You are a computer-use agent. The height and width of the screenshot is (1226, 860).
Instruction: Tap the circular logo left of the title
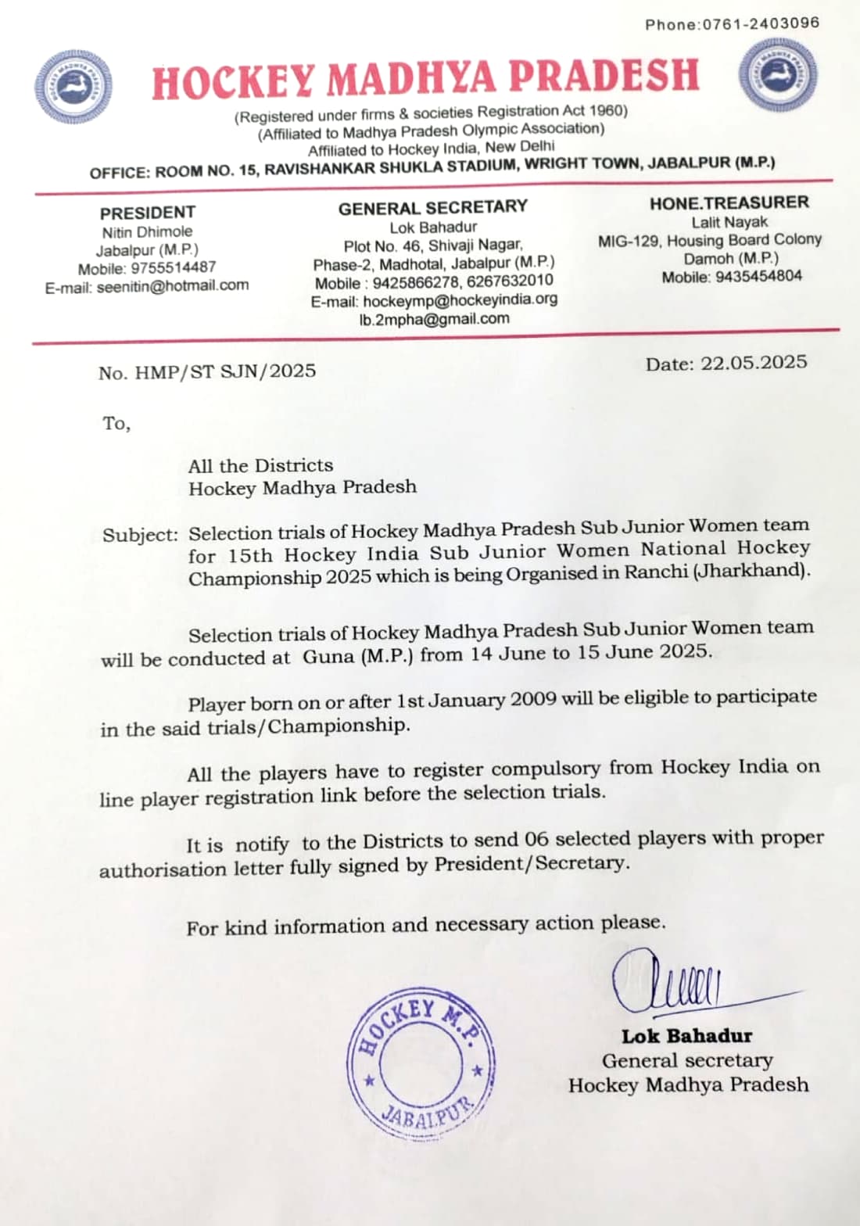point(73,86)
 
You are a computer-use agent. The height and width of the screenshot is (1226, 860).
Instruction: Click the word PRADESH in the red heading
point(604,77)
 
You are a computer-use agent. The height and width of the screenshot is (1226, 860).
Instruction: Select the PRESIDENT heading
point(147,213)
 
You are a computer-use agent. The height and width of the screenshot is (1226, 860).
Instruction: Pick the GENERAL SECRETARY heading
point(432,208)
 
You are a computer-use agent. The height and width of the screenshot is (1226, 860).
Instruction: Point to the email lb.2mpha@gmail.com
point(434,319)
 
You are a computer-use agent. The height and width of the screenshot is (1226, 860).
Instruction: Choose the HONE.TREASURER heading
point(729,203)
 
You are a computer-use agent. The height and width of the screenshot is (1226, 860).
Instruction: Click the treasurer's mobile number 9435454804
point(757,277)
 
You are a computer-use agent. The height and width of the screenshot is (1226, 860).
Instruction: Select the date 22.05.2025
point(754,362)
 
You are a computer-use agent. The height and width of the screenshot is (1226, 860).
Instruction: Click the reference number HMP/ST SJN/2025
point(225,371)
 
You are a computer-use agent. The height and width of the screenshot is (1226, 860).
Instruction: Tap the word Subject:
point(140,536)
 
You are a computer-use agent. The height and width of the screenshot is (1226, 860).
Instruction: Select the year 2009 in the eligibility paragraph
point(533,699)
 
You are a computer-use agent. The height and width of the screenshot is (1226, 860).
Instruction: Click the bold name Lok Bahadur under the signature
point(686,1036)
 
